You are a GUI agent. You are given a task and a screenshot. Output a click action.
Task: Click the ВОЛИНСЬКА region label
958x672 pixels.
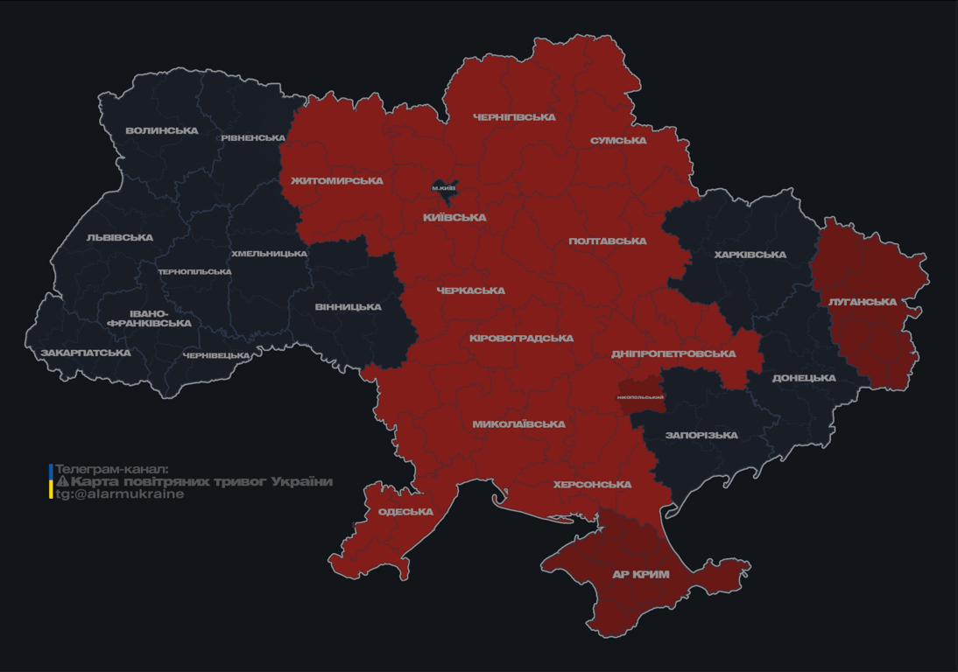[162, 131]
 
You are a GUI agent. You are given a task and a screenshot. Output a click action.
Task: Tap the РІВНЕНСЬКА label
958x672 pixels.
[253, 138]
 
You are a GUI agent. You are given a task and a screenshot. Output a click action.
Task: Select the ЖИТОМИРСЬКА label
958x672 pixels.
[337, 181]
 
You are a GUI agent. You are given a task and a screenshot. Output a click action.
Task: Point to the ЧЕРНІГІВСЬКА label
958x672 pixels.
[514, 117]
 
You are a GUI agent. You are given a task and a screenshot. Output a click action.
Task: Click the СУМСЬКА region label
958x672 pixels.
[618, 141]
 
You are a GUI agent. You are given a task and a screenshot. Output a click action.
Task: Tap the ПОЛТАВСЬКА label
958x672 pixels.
[608, 241]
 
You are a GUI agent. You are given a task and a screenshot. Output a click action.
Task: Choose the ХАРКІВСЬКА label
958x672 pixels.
[750, 255]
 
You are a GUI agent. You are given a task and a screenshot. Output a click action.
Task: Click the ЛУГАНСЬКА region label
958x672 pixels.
[863, 302]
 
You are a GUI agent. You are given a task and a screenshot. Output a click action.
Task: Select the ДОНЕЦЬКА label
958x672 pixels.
[804, 379]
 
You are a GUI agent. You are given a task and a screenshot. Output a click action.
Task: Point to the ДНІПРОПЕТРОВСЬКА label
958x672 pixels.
[673, 354]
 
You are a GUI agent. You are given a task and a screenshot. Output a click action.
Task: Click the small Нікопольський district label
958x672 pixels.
[640, 397]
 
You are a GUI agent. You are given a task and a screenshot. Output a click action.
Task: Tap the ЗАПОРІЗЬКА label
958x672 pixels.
[701, 436]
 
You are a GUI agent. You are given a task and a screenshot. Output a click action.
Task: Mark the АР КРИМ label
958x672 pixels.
[640, 575]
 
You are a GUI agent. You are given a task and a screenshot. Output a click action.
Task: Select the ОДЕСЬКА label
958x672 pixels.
[405, 512]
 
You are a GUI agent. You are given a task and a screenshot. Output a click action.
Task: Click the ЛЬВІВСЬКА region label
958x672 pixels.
[120, 238]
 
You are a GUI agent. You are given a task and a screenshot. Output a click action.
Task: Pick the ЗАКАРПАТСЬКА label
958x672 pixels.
[86, 353]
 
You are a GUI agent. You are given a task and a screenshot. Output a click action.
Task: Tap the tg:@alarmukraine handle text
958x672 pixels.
[120, 494]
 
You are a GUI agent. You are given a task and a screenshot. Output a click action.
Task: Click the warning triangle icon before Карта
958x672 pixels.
[62, 482]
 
